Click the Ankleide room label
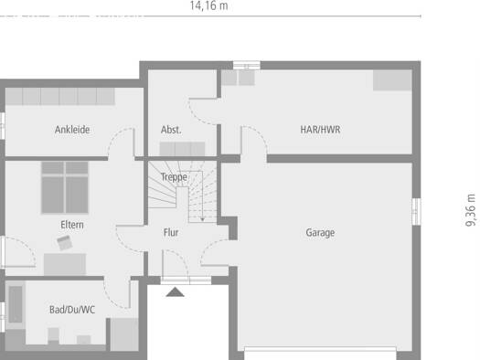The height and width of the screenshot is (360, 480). click(72, 130)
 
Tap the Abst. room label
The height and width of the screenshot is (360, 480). click(171, 130)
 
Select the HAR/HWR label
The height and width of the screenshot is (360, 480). click(320, 130)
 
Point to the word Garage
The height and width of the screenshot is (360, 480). click(320, 233)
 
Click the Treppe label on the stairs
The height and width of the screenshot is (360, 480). click(174, 177)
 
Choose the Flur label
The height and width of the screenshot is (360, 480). click(171, 232)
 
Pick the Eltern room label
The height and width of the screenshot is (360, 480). click(72, 225)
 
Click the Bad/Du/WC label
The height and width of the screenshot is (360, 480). click(72, 310)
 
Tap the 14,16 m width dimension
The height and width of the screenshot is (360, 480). click(208, 5)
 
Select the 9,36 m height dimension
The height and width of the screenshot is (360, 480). click(471, 210)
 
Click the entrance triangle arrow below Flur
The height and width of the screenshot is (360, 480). click(176, 292)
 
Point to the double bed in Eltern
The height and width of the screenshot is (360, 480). click(65, 187)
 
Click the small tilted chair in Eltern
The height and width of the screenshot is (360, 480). click(65, 243)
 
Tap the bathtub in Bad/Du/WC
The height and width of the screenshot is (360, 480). click(16, 304)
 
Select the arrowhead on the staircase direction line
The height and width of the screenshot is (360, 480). click(202, 219)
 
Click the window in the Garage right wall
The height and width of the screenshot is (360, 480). click(416, 212)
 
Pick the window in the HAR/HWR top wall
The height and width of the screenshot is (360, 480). click(247, 66)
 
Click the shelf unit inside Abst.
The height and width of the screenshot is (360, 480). click(182, 149)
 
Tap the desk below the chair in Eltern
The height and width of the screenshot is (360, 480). click(65, 264)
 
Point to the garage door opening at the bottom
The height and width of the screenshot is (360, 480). click(320, 354)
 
